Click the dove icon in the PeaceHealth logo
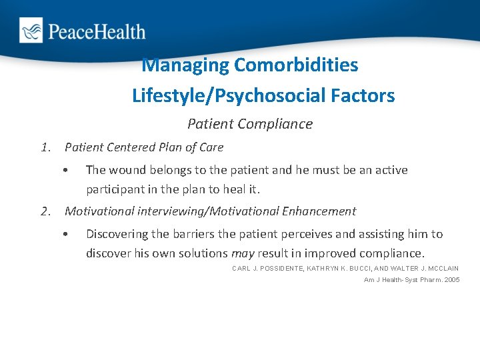(31, 31)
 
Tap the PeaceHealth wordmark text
(95, 31)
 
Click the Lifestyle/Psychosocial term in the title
(229, 96)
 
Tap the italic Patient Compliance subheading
(250, 124)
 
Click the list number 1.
(45, 147)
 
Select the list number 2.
(45, 211)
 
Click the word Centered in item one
(133, 147)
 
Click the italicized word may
(242, 254)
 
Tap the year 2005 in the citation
(451, 279)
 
